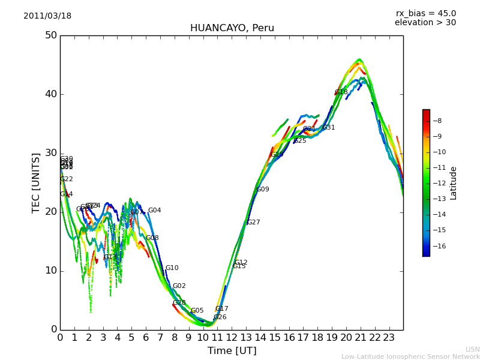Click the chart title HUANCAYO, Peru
point(232,28)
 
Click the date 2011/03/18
point(47,16)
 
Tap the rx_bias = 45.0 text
point(425,14)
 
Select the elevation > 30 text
point(425,23)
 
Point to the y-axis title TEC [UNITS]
point(36,182)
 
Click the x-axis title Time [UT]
point(232,351)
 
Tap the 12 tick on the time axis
point(232,338)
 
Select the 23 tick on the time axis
point(389,338)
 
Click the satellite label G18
point(341,92)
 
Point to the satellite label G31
point(329,128)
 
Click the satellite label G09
point(263,190)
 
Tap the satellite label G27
point(254,223)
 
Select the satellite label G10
point(172,268)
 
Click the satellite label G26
point(220,317)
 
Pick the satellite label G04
point(155,211)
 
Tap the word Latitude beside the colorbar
point(454,183)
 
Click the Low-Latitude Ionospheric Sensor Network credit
point(410,357)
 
